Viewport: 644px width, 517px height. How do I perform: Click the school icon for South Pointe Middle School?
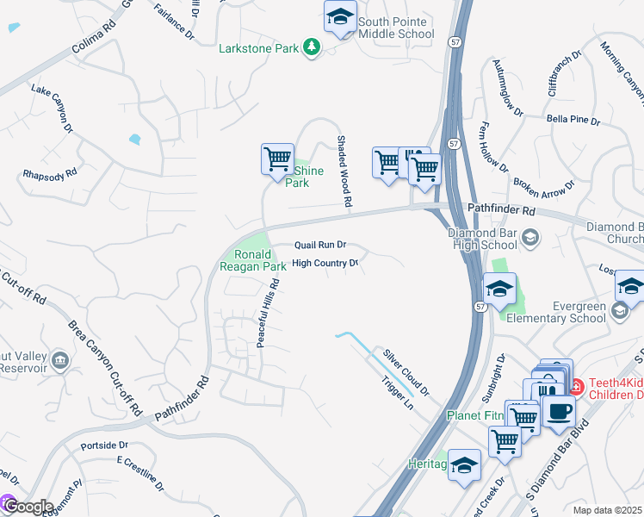(x=340, y=17)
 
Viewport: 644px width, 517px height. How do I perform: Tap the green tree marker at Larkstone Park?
(x=311, y=48)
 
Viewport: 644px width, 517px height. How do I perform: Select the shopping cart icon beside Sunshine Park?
(x=277, y=160)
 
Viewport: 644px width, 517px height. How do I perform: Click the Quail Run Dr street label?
(x=319, y=245)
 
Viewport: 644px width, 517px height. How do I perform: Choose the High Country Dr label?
(x=325, y=264)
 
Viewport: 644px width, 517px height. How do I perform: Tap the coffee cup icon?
(x=559, y=411)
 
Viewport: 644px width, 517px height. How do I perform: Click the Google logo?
(x=28, y=506)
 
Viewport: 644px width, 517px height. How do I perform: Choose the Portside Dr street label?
(x=103, y=445)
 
